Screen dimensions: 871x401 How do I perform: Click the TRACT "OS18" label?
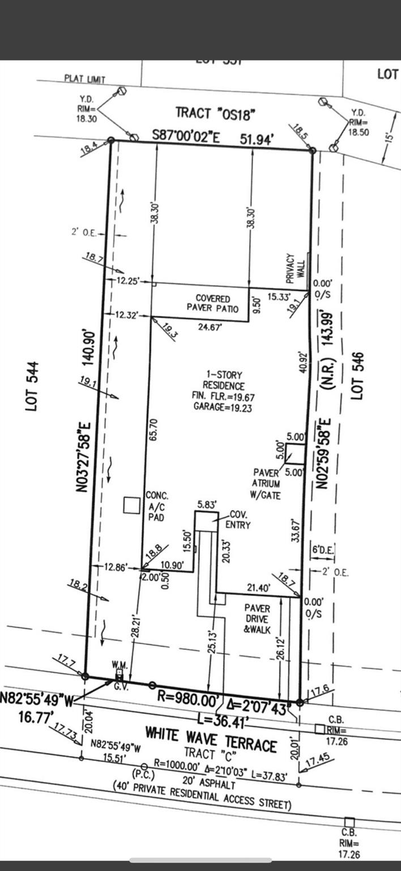(x=215, y=112)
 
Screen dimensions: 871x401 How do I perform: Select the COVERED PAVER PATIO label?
(x=213, y=303)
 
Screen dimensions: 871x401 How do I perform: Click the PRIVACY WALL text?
(x=295, y=268)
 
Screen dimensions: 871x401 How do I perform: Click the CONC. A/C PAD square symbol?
(x=132, y=505)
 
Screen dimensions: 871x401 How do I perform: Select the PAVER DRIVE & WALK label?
(x=257, y=618)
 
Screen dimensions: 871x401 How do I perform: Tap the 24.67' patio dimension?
(x=209, y=327)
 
